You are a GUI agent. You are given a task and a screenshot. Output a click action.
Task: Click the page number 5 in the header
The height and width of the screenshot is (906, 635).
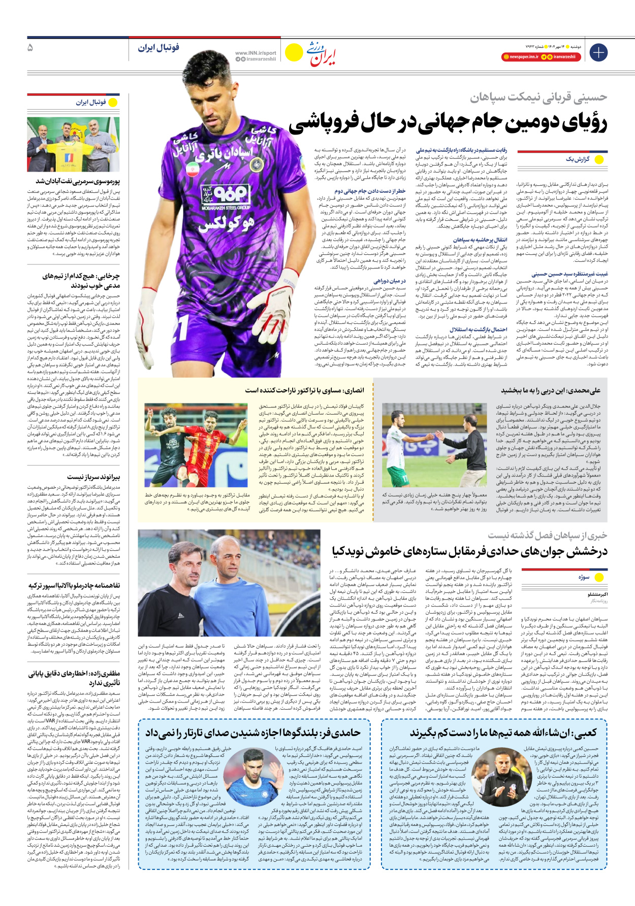pyautogui.click(x=30, y=48)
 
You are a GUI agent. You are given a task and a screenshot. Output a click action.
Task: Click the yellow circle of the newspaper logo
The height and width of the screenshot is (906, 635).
pyautogui.click(x=294, y=52)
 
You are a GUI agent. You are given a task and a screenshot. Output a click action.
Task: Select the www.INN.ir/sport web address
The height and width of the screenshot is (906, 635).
pyautogui.click(x=256, y=53)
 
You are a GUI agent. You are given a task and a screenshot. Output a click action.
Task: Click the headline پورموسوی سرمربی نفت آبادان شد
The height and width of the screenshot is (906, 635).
pyautogui.click(x=78, y=181)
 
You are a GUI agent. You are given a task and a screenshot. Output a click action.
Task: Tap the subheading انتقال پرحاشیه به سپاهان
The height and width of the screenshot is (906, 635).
pyautogui.click(x=480, y=240)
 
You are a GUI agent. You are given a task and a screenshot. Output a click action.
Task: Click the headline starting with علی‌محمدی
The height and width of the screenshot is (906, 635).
pyautogui.click(x=551, y=390)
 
